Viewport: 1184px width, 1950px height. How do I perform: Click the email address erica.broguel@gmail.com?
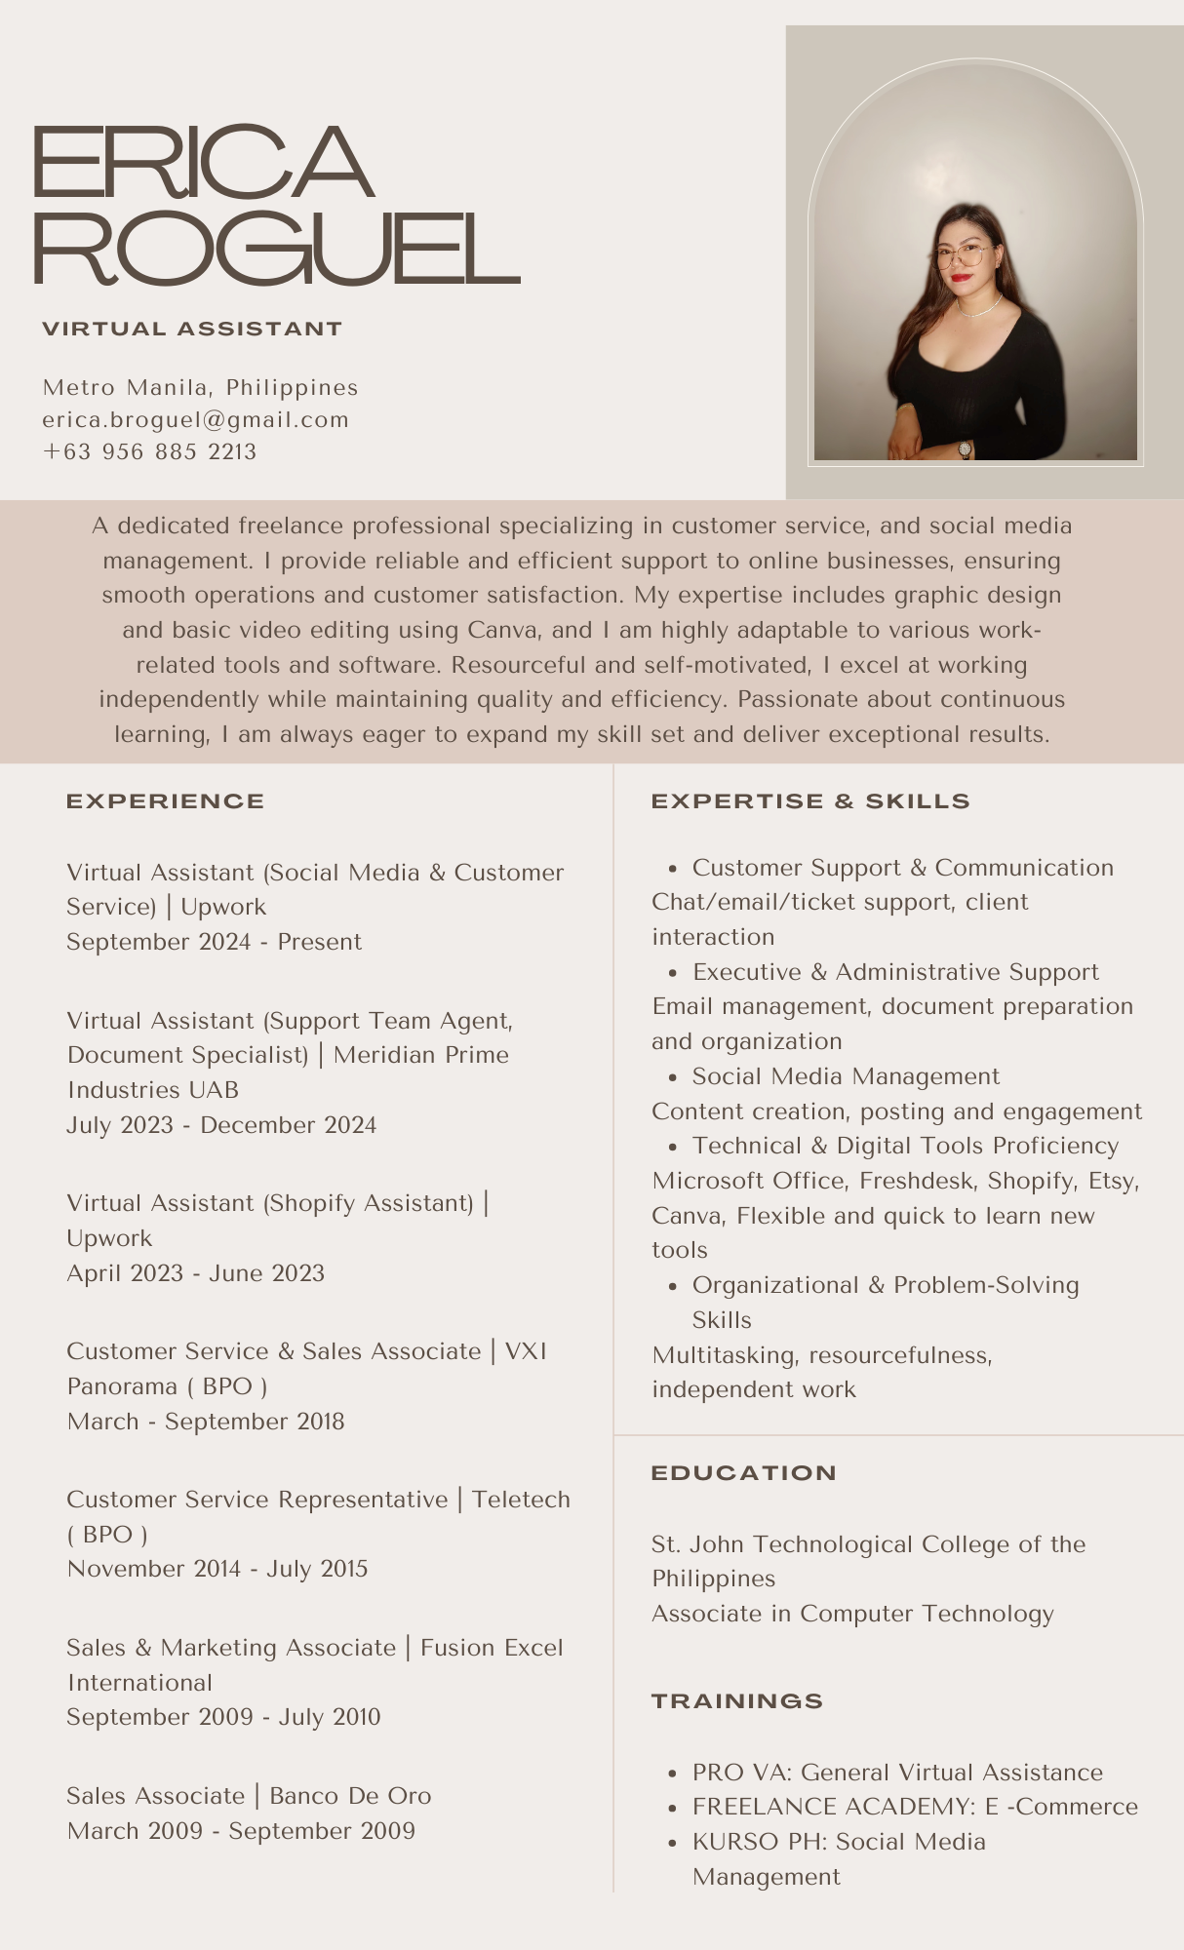[x=195, y=420]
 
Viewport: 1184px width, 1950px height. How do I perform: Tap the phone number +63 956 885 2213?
[x=149, y=452]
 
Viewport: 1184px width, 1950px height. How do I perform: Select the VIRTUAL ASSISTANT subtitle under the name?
[x=192, y=330]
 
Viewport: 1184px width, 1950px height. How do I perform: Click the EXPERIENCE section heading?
[x=165, y=801]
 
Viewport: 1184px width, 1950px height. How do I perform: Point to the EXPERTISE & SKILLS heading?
[x=809, y=801]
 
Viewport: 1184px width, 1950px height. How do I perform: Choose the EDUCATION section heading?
[x=743, y=1473]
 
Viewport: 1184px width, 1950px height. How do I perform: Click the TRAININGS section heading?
[x=736, y=1701]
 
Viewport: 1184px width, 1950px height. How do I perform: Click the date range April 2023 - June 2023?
[x=195, y=1273]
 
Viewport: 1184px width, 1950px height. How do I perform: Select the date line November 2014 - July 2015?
[x=217, y=1569]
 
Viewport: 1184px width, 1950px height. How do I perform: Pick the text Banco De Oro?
[x=350, y=1796]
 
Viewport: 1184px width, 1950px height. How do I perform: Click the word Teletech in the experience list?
[x=521, y=1500]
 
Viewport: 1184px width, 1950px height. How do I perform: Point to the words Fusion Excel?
[x=492, y=1648]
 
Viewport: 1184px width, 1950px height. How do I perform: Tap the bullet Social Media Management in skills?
[x=846, y=1076]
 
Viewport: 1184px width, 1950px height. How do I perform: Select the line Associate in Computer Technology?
[x=852, y=1614]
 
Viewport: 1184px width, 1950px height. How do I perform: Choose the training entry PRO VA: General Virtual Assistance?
[x=897, y=1773]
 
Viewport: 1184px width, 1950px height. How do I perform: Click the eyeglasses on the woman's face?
[x=962, y=256]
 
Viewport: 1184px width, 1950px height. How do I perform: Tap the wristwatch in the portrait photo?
[x=965, y=448]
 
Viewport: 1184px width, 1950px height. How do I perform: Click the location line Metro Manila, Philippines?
[x=200, y=388]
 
